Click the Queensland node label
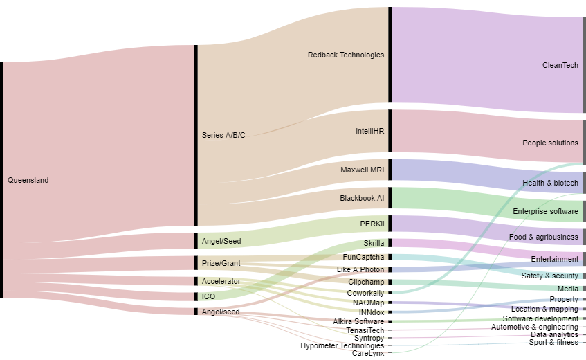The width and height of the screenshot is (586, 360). (28, 181)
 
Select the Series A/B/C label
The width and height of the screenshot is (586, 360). (223, 136)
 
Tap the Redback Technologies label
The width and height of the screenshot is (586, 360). (345, 55)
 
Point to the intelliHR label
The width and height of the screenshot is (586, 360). (369, 130)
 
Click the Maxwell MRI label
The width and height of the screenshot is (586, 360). (362, 170)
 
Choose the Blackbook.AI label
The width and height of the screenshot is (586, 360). (361, 199)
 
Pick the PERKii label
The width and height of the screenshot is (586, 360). (372, 224)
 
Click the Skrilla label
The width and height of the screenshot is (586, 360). (374, 244)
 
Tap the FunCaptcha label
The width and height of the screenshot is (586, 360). (363, 258)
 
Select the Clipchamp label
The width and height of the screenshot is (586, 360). (366, 282)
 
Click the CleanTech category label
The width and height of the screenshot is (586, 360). (560, 66)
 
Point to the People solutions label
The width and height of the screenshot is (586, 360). (550, 143)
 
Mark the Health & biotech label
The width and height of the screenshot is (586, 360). (550, 183)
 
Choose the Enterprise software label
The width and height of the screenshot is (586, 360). (545, 211)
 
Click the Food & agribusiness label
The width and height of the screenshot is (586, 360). (543, 237)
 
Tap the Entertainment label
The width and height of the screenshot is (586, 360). (554, 260)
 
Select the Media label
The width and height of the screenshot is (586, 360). (567, 289)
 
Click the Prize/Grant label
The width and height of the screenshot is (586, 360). (221, 264)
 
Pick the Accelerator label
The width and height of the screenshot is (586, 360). (221, 282)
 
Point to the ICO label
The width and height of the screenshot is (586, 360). (208, 297)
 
